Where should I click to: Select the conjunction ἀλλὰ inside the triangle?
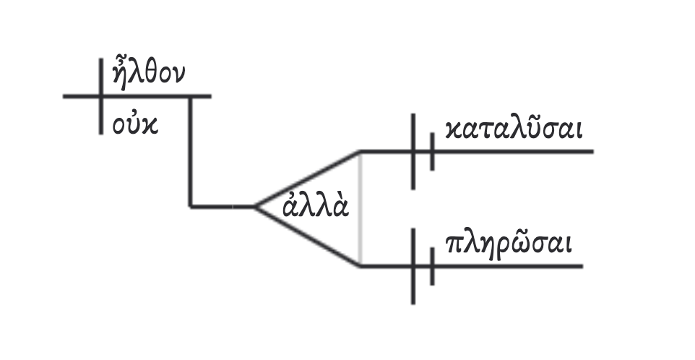[315, 207]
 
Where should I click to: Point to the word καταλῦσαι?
[514, 130]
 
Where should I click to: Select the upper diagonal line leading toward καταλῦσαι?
[307, 179]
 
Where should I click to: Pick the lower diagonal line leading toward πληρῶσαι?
[307, 238]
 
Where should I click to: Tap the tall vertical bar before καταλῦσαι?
[413, 152]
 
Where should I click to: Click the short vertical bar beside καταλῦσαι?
[432, 152]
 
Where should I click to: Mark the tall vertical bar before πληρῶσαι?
[413, 266]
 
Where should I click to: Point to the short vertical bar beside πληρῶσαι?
[432, 267]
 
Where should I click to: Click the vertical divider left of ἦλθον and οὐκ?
[100, 95]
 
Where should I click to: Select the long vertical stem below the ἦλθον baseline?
[191, 152]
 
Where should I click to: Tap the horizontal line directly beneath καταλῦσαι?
[513, 152]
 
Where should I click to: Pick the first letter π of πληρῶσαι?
[454, 246]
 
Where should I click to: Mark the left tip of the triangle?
[254, 207]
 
